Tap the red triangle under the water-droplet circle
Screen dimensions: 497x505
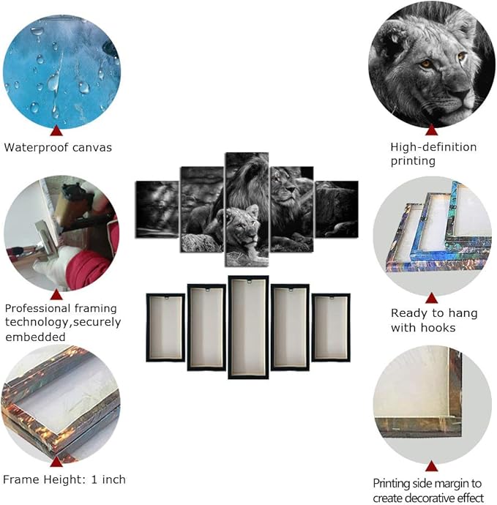point(56,131)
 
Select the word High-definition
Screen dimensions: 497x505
point(433,147)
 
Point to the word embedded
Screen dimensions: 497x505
point(35,337)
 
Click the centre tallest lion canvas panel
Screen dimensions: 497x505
point(247,209)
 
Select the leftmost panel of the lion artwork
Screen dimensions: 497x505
point(157,209)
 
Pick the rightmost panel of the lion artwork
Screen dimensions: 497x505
point(337,209)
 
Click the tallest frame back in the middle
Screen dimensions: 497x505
point(248,327)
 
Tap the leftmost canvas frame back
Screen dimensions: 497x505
point(165,327)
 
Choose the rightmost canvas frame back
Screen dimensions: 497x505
point(331,327)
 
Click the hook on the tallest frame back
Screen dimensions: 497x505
point(249,283)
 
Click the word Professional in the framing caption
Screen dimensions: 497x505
point(37,308)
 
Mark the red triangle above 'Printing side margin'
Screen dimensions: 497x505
point(431,466)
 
